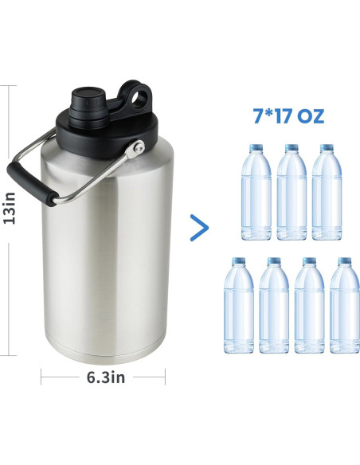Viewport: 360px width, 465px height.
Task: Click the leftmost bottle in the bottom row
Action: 238,307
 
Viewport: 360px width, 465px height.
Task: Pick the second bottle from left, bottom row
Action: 273,307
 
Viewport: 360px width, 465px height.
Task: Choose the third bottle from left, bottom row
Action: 309,307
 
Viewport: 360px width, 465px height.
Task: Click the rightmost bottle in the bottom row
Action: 344,307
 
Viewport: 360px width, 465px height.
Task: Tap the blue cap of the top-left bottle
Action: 256,148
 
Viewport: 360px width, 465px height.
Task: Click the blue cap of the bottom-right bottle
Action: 344,261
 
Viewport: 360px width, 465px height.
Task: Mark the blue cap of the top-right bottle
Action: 327,148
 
